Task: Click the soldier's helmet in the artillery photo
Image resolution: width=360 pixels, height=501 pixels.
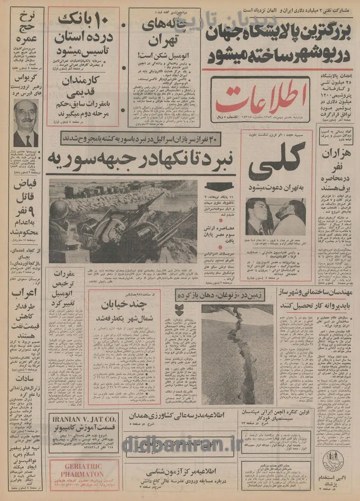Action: [x=59, y=209]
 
